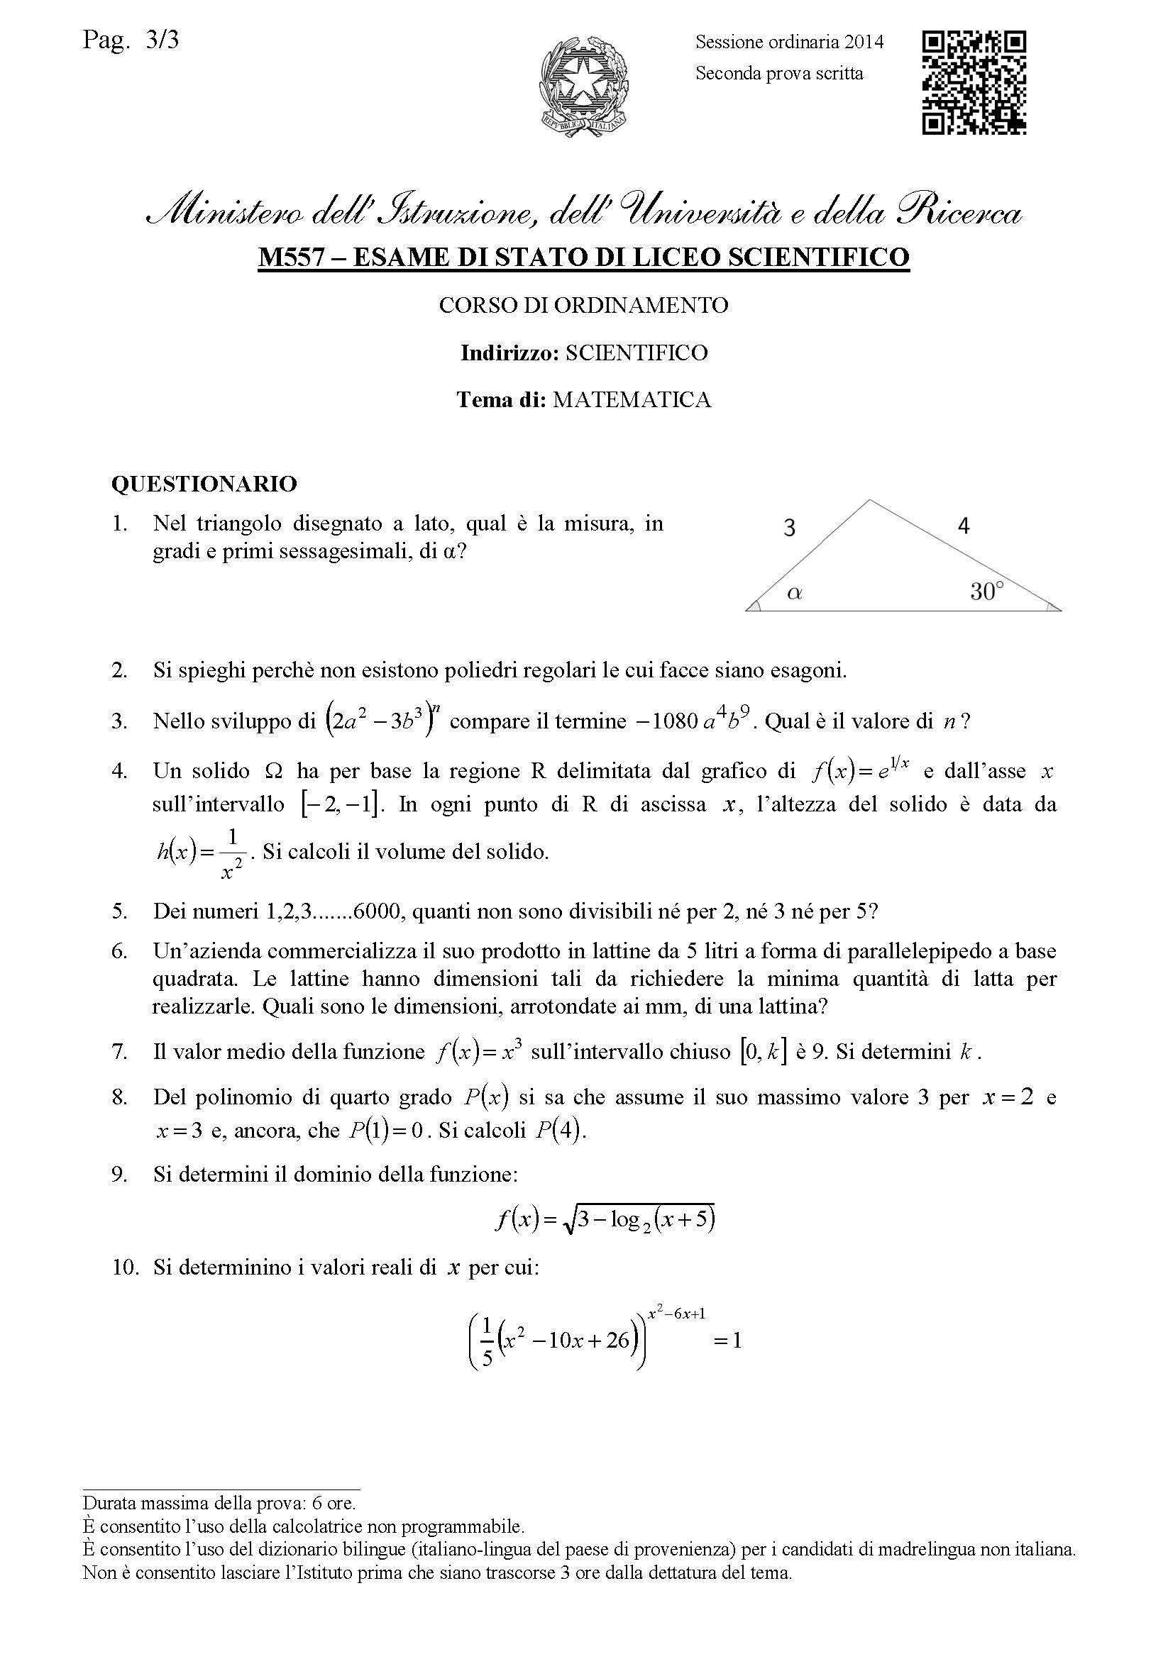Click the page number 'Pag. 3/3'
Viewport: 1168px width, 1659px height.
(x=131, y=40)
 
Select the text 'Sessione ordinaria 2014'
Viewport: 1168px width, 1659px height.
(x=789, y=42)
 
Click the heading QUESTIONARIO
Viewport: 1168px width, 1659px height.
(x=204, y=484)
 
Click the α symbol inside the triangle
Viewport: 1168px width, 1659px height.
(x=794, y=593)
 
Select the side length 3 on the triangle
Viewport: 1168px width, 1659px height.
(x=789, y=528)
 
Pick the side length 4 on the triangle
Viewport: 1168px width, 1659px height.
(x=964, y=526)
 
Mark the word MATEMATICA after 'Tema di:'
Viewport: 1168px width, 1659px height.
(x=632, y=399)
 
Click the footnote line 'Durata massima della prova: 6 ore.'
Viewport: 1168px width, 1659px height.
(x=219, y=1503)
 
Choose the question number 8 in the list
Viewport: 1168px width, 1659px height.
(x=119, y=1097)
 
